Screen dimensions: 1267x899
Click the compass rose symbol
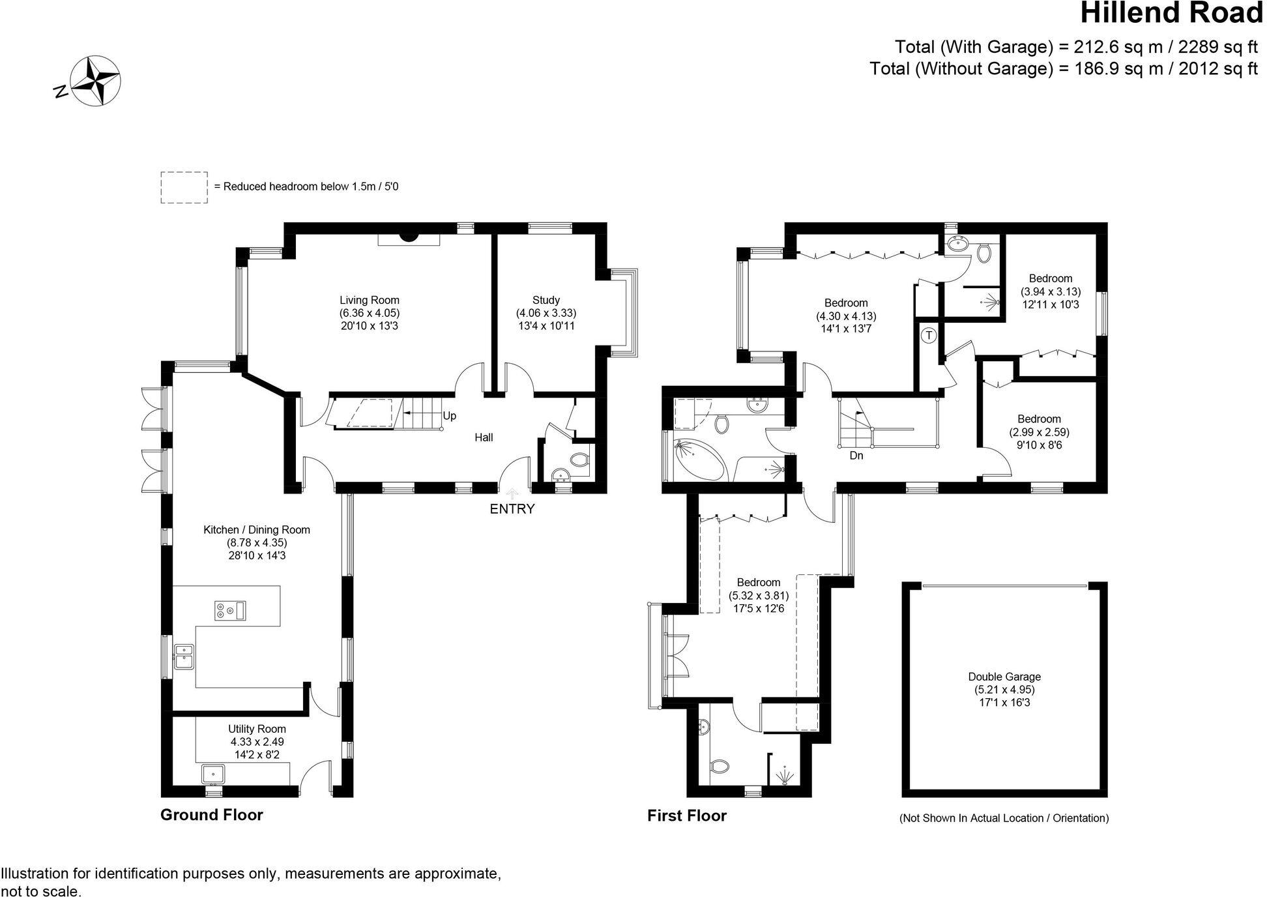[x=96, y=81]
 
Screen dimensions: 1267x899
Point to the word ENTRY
[x=512, y=509]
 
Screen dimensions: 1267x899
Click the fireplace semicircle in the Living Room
[x=409, y=237]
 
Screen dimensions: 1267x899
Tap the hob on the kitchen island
[x=230, y=611]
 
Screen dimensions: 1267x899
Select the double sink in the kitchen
[x=184, y=657]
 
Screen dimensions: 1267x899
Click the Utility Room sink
[x=213, y=774]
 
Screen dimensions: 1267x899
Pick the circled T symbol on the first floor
[x=929, y=336]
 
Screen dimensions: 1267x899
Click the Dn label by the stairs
[x=856, y=456]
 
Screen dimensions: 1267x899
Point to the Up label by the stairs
[x=450, y=416]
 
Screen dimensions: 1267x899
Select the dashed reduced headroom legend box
[x=184, y=188]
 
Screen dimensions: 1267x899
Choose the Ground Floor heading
[x=212, y=815]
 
